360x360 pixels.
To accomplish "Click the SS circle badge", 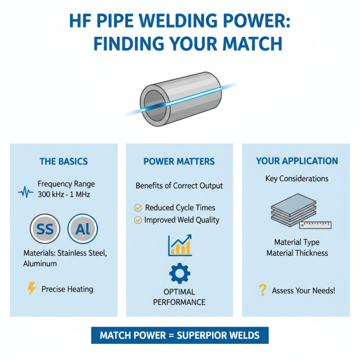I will pos(45,229).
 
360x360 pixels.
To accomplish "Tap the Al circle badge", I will pos(82,229).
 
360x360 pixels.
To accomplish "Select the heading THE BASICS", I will pos(63,162).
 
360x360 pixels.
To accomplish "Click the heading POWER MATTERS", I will pos(179,162).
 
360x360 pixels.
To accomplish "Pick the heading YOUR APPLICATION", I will pos(297,161).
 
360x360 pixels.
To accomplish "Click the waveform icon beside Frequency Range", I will pos(26,193).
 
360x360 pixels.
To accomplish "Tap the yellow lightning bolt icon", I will pos(31,289).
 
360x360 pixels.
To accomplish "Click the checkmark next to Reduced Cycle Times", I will pos(138,208).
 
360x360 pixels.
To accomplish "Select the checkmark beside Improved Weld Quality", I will pos(138,220).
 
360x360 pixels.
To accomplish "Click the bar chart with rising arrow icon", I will pos(180,246).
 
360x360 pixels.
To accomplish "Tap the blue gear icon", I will pos(180,274).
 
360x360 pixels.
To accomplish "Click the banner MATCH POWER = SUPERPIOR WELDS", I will pos(180,336).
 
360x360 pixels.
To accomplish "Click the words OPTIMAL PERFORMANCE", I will pos(179,297).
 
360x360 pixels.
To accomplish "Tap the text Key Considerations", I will pos(297,179).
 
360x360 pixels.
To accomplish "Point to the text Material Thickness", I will pos(297,253).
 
